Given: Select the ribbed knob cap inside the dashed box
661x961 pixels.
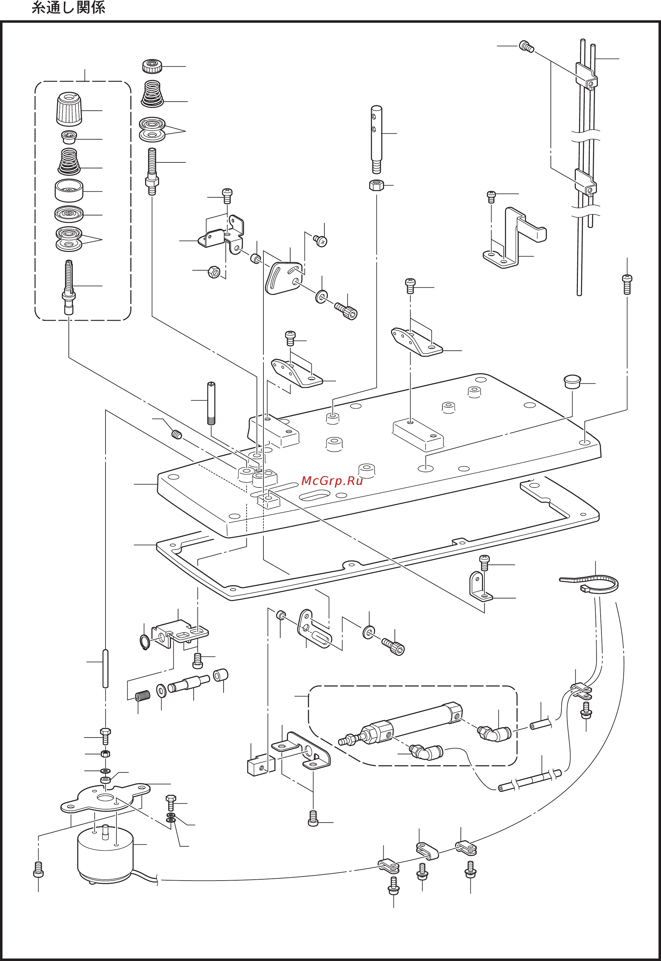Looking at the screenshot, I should pos(69,108).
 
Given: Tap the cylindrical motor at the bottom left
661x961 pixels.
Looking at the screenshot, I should pos(105,852).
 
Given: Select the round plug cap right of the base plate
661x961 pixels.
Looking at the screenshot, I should pos(572,382).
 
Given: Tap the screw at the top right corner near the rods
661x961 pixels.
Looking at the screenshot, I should pos(526,46).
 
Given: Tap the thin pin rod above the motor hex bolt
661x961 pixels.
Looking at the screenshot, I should pos(105,669).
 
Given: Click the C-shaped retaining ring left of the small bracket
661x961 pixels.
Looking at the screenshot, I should pos(144,641).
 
